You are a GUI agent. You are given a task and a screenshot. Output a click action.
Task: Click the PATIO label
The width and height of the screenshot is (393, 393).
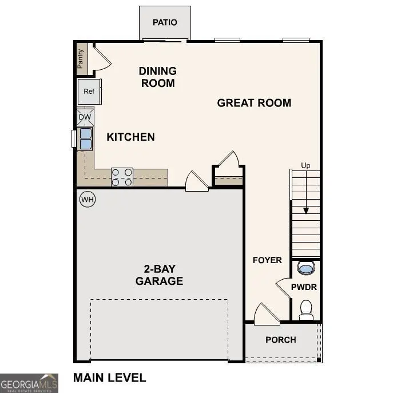[165, 22]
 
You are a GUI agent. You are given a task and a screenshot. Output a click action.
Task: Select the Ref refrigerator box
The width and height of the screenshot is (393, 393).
[89, 92]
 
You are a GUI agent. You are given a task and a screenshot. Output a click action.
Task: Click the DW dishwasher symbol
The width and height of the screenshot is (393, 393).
[85, 117]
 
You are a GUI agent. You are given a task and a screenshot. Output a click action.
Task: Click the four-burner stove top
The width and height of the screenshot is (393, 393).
[122, 177]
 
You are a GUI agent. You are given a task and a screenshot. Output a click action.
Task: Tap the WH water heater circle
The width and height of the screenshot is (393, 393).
[87, 199]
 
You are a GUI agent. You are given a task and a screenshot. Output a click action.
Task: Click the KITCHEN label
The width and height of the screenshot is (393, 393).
[130, 137]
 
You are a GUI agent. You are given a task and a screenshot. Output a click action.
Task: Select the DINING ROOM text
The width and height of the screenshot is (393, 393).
[157, 77]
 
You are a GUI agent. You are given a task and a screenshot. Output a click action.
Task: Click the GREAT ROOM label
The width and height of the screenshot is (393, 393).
[254, 103]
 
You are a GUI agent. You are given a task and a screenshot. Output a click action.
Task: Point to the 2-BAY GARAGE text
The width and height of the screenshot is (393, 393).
[159, 275]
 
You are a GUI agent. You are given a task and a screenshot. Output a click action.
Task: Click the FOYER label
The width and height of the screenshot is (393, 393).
[267, 260]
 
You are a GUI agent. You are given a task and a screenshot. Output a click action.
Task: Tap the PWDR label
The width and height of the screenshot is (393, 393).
[304, 287]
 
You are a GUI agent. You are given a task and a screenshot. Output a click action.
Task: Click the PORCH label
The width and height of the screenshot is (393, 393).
[281, 340]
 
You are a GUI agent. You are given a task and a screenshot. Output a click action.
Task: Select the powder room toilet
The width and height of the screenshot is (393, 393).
[306, 309]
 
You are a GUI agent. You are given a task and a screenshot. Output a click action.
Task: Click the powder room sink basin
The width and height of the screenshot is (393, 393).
[306, 268]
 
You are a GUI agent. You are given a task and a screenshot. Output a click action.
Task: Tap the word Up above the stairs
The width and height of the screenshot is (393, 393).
[306, 166]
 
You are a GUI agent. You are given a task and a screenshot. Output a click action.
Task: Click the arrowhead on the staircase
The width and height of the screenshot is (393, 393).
[306, 211]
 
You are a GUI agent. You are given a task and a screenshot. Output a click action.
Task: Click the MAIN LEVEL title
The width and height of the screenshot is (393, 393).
[109, 378]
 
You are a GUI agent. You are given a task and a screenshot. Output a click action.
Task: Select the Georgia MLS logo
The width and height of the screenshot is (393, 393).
[29, 383]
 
